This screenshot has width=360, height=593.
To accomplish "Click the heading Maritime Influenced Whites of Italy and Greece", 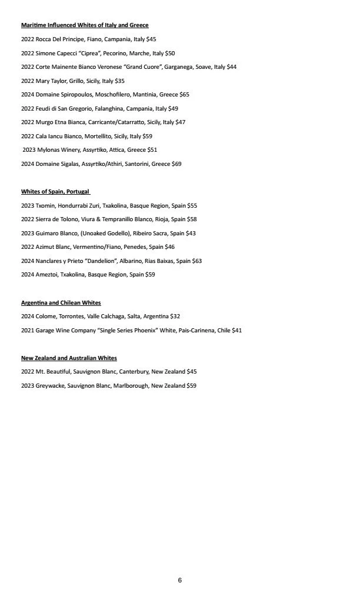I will point(85,25).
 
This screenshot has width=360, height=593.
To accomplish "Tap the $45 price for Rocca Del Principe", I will point(151,39).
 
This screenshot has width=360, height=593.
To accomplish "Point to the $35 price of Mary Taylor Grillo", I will point(119,81).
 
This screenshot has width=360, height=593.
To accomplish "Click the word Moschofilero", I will point(96,95).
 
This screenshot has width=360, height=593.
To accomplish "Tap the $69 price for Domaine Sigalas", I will point(176,164).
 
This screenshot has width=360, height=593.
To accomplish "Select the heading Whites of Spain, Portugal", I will point(55,192).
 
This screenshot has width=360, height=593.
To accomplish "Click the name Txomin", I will point(45,206).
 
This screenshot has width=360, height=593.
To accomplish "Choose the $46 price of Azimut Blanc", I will point(169,247).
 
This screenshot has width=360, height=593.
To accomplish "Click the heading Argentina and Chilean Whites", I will point(61,303).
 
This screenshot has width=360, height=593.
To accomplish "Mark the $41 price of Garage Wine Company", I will point(236,331).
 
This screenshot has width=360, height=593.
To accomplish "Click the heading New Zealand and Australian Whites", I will point(69,358).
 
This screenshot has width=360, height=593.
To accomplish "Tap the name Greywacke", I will point(51,386).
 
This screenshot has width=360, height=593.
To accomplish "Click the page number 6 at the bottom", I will point(180,580).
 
